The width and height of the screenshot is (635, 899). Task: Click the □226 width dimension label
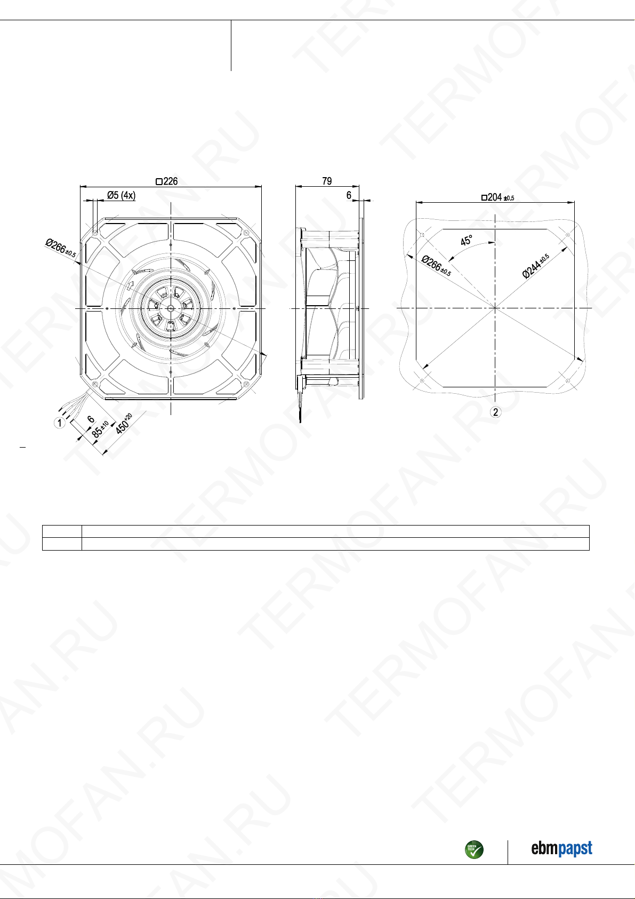[x=167, y=181]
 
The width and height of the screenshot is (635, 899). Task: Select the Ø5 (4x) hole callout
[x=122, y=195]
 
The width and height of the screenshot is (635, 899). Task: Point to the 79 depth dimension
[x=327, y=181]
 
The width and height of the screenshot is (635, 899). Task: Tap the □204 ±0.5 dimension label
[x=498, y=197]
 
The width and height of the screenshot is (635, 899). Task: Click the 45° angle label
[x=466, y=241]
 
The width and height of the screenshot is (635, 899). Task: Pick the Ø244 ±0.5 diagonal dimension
[x=536, y=266]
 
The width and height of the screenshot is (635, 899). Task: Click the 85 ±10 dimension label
[x=100, y=429]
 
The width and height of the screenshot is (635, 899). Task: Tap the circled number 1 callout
[x=59, y=423]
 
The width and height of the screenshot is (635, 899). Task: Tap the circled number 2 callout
[x=495, y=412]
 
